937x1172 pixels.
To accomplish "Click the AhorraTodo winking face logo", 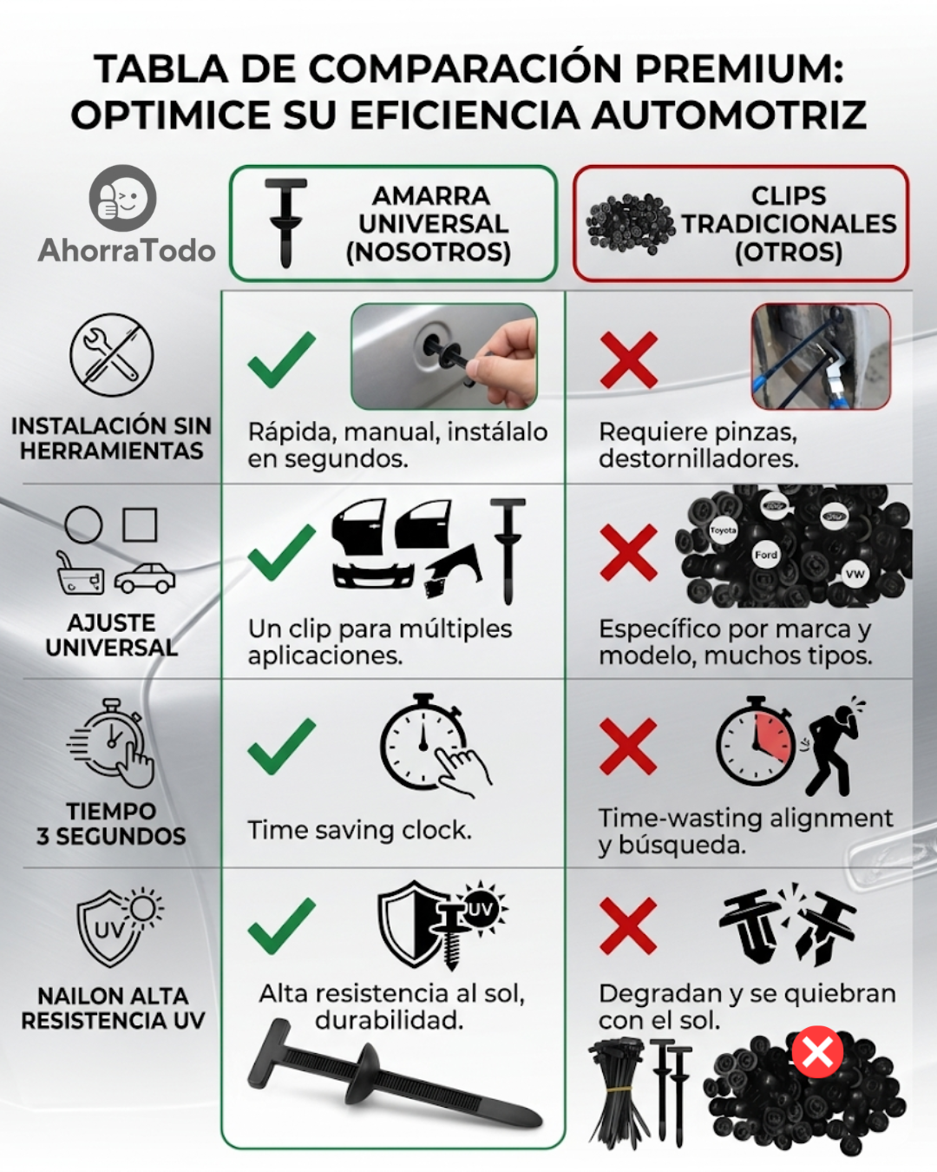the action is click(122, 198).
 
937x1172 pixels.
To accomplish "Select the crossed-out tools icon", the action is click(112, 354).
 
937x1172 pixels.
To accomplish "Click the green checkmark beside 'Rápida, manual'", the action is click(281, 359).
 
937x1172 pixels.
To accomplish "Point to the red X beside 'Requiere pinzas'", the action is click(629, 360).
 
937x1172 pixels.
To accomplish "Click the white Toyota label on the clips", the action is click(723, 530).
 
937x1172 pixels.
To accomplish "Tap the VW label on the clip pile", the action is click(855, 574).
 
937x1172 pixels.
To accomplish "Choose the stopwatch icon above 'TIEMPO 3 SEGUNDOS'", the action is click(111, 743).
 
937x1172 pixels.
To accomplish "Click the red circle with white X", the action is click(817, 1052).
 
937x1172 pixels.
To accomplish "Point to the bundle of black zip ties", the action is click(619, 1090).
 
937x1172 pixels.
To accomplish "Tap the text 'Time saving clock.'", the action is click(360, 830).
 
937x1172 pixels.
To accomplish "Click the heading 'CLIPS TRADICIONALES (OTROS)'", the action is click(789, 224).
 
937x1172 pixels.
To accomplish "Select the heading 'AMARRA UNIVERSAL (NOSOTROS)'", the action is click(429, 224).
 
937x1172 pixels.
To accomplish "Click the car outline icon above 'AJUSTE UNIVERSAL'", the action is click(145, 578).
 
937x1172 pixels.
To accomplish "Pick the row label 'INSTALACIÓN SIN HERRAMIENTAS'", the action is click(112, 438).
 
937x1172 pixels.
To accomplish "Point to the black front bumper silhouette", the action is click(374, 575).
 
